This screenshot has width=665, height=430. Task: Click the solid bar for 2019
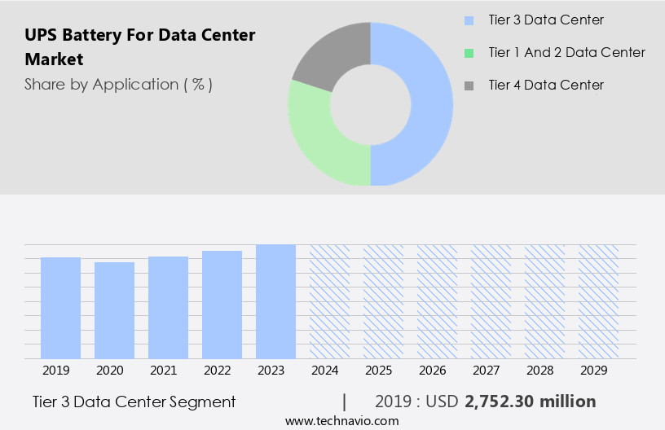pyautogui.click(x=60, y=308)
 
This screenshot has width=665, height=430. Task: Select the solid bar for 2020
pyautogui.click(x=114, y=310)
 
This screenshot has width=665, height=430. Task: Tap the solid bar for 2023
pyautogui.click(x=275, y=301)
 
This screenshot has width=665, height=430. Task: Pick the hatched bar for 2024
pyautogui.click(x=329, y=301)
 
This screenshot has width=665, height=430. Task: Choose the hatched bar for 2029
pyautogui.click(x=598, y=301)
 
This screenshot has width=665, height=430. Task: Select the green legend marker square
pyautogui.click(x=469, y=53)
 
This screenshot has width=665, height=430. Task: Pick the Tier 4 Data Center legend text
pyautogui.click(x=546, y=85)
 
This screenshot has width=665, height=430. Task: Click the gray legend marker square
pyautogui.click(x=469, y=85)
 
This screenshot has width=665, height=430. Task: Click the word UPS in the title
pyautogui.click(x=41, y=35)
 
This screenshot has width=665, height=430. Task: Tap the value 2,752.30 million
pyautogui.click(x=530, y=401)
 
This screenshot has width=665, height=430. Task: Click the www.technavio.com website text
pyautogui.click(x=341, y=421)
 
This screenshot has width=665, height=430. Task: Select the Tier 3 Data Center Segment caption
pyautogui.click(x=134, y=401)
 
